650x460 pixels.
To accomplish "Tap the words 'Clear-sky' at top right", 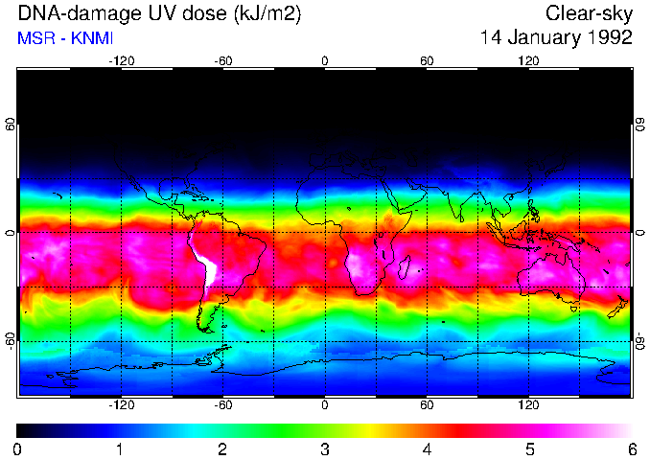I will (589, 13).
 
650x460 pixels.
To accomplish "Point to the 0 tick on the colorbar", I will (17, 448).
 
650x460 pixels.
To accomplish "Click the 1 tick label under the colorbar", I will (120, 448).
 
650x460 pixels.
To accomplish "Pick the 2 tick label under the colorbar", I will (221, 448).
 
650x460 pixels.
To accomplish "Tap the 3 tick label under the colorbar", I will (324, 448).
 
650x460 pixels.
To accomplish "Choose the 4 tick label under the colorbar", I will (427, 448).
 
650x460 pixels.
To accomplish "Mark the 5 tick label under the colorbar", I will (529, 448).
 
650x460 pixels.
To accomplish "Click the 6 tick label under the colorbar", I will (631, 448).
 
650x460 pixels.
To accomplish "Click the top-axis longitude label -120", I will (121, 61).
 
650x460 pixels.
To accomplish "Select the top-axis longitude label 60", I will (427, 61).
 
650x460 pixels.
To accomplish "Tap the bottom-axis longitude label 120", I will (529, 405).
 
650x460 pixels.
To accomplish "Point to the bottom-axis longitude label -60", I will (223, 405).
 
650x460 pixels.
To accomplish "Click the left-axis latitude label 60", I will (11, 126).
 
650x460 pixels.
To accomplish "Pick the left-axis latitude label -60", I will (11, 340).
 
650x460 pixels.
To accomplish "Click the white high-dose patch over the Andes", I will (204, 263).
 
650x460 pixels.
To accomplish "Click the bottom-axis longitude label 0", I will (325, 405).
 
